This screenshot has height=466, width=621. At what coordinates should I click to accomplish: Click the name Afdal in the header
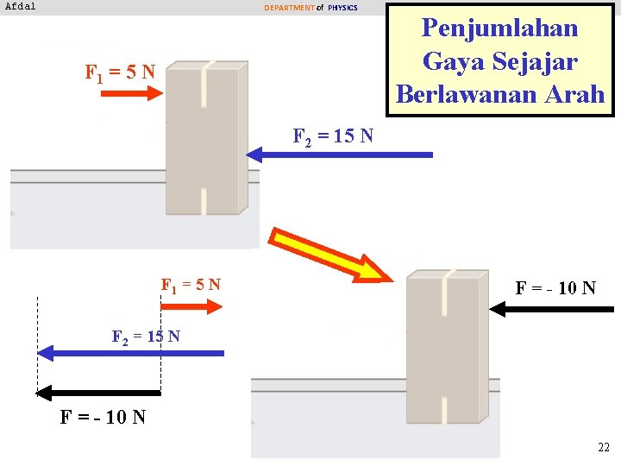point(21,6)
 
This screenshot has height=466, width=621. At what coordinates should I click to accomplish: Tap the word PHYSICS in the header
point(342,8)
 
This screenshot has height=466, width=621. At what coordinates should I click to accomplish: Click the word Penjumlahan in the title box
point(499,28)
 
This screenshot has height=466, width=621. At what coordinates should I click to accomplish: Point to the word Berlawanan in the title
point(467,94)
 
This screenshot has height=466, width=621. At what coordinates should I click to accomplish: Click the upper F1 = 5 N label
point(120,72)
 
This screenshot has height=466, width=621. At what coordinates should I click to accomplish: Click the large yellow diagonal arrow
point(329,254)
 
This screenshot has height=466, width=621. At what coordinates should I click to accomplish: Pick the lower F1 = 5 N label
point(191,284)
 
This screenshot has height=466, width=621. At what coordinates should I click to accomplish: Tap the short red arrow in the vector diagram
point(191,305)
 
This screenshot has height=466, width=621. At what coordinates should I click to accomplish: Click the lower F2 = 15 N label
point(146,336)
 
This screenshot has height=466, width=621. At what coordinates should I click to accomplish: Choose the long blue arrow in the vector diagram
point(130,353)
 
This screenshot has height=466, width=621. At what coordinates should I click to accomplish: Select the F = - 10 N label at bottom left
point(103,418)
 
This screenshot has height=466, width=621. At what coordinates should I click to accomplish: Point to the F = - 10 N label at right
point(555,287)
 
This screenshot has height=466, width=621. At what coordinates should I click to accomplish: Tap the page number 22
point(603,448)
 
